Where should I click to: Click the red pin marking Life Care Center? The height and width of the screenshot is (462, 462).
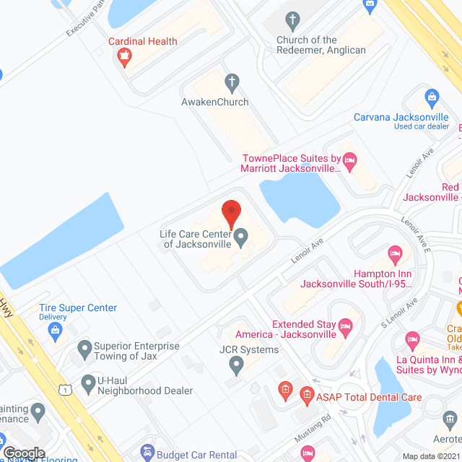click(x=231, y=211)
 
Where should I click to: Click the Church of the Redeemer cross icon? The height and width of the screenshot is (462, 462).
click(x=292, y=19)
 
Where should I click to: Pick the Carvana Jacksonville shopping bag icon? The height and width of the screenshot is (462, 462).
click(x=432, y=97)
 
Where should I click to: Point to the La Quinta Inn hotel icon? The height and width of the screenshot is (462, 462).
click(x=412, y=339)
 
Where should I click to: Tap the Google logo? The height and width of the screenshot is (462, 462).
click(x=24, y=453)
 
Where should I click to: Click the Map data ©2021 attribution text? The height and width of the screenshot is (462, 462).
click(x=431, y=456)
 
